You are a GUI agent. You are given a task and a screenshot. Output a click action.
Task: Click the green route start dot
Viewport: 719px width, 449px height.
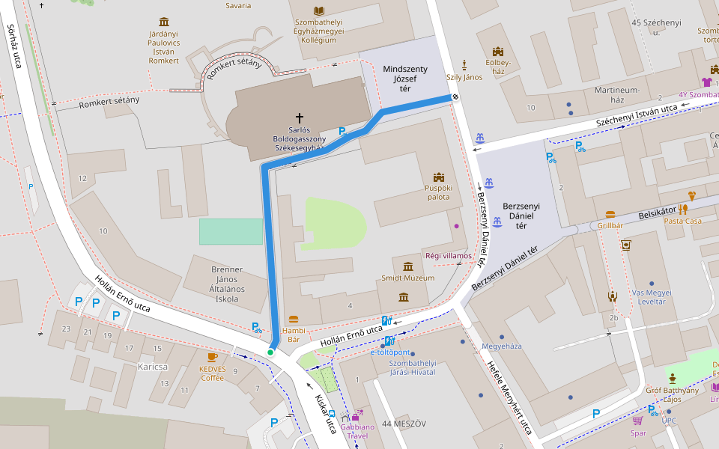(x=270, y=352)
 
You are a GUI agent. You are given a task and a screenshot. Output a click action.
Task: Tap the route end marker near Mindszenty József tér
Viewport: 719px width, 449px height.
(x=455, y=97)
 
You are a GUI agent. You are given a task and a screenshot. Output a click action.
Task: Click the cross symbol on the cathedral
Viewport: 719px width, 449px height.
(x=300, y=117)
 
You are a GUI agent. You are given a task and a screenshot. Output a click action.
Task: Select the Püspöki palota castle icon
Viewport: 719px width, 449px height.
(x=439, y=177)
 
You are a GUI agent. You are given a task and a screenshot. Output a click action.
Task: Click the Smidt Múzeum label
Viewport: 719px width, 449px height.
(x=407, y=278)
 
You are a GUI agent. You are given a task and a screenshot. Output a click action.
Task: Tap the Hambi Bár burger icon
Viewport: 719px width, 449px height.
(x=293, y=319)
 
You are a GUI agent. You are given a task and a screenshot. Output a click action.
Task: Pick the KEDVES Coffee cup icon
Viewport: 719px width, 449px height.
(x=212, y=357)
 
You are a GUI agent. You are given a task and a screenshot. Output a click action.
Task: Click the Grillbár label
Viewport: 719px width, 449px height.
(x=610, y=225)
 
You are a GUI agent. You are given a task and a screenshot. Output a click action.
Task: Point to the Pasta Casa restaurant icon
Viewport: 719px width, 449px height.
(x=682, y=209)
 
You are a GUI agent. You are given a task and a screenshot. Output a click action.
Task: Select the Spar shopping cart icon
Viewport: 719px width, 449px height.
(x=637, y=421)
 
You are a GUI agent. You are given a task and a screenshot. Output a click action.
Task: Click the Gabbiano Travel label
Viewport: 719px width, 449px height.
(x=357, y=431)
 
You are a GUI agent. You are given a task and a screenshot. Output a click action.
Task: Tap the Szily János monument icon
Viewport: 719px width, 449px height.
(x=464, y=64)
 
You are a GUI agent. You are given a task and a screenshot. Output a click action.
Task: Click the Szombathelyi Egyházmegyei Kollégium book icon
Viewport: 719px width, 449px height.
(x=320, y=11)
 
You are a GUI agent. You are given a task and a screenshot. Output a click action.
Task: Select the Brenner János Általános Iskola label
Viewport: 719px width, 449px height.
(x=216, y=284)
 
